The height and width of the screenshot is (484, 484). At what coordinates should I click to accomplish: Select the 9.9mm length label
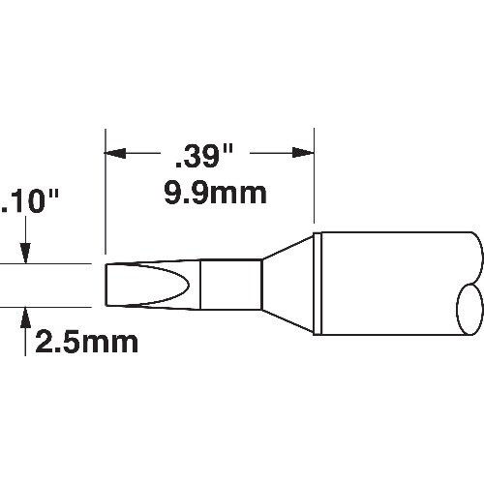pos(212,194)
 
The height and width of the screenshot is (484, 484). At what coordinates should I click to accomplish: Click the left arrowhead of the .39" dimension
pos(114,153)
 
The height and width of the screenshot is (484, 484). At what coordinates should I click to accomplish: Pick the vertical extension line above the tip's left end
pos(105,194)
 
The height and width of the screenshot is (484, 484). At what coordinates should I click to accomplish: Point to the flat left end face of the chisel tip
pos(106,284)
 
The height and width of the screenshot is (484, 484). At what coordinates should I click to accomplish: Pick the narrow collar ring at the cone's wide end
pos(317,284)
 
